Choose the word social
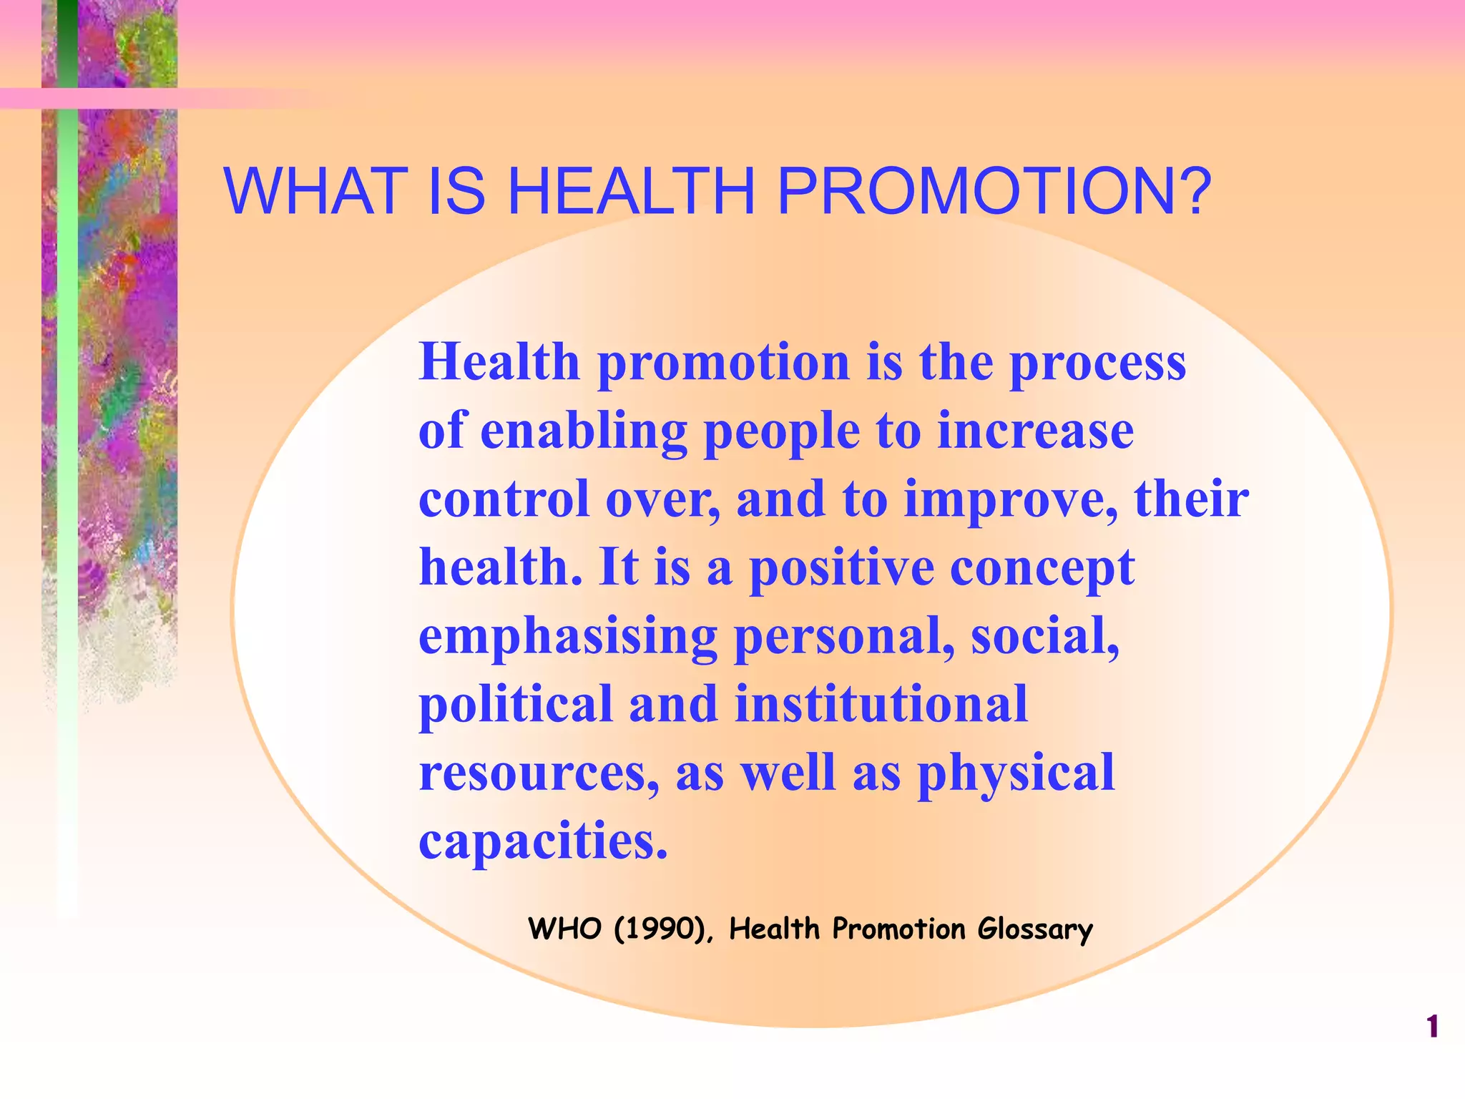[x=1044, y=636]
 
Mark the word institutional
[x=881, y=704]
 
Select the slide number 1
[x=1432, y=1027]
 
